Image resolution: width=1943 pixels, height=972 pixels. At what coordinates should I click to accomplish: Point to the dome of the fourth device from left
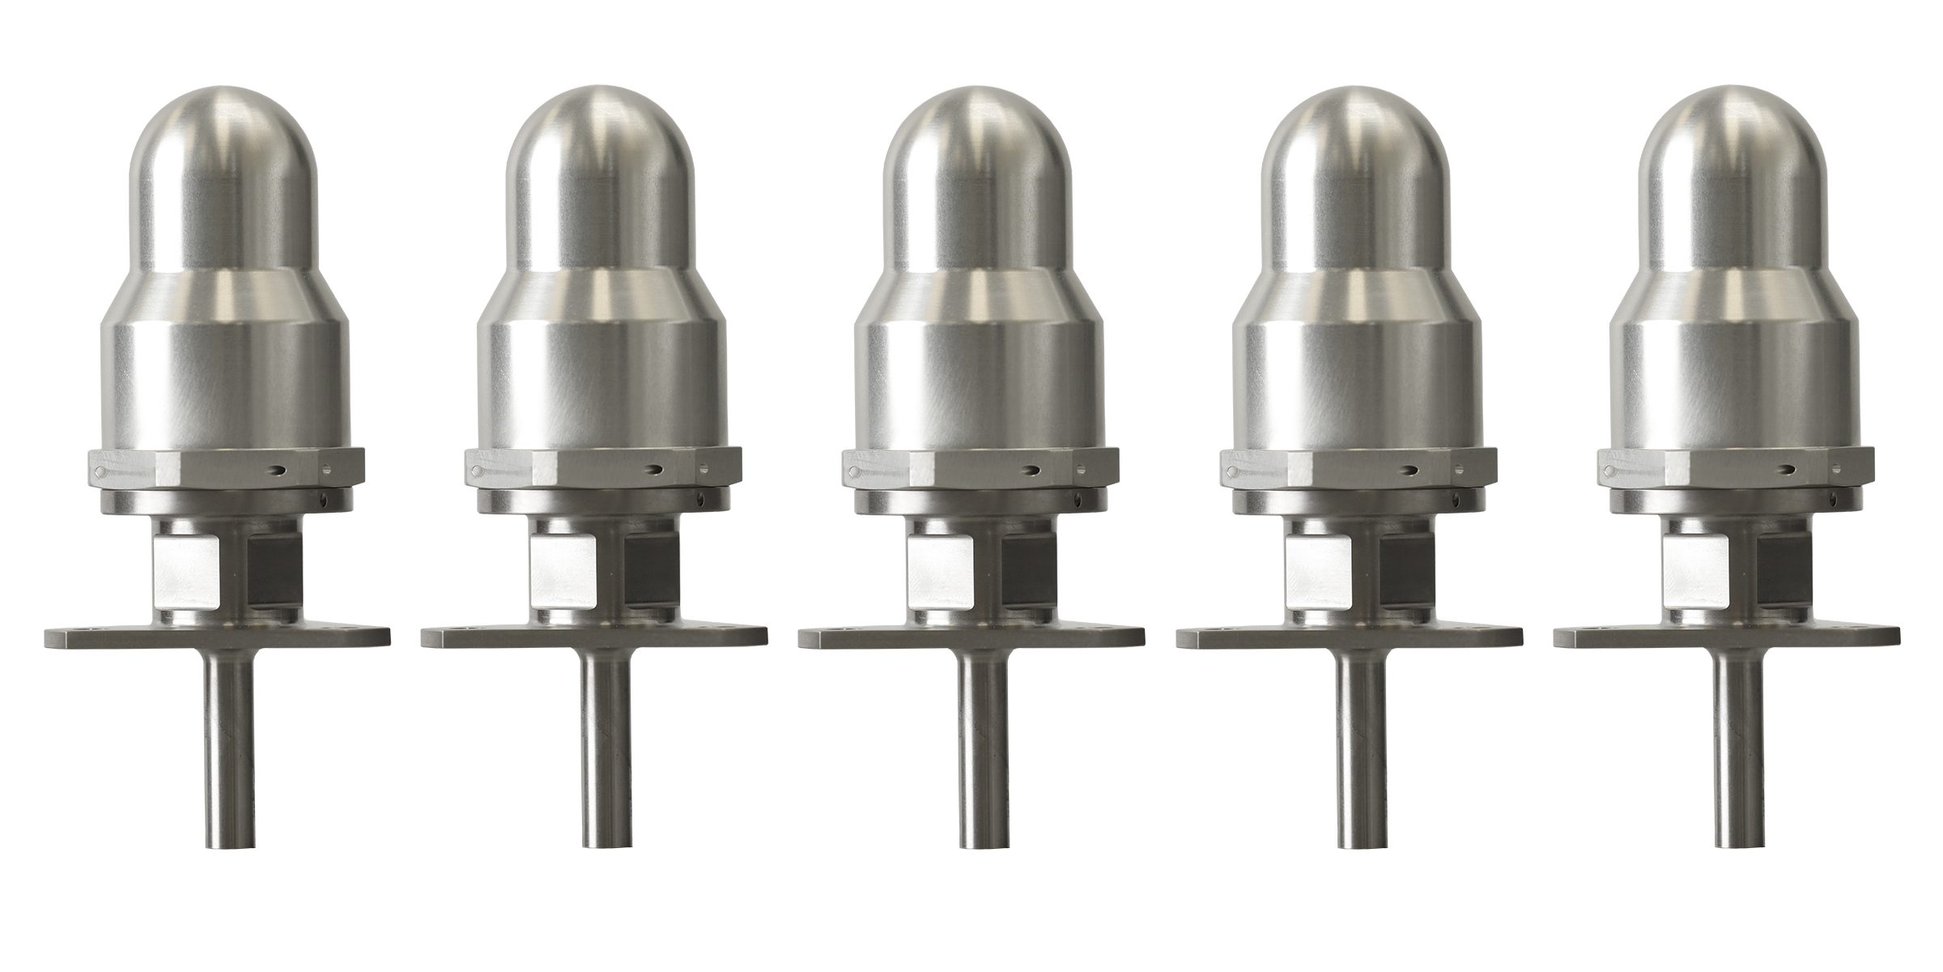click(1351, 170)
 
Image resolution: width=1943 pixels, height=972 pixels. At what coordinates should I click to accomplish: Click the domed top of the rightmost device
click(1729, 170)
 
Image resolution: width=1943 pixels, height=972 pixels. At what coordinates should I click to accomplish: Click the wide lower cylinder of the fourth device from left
click(1351, 381)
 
